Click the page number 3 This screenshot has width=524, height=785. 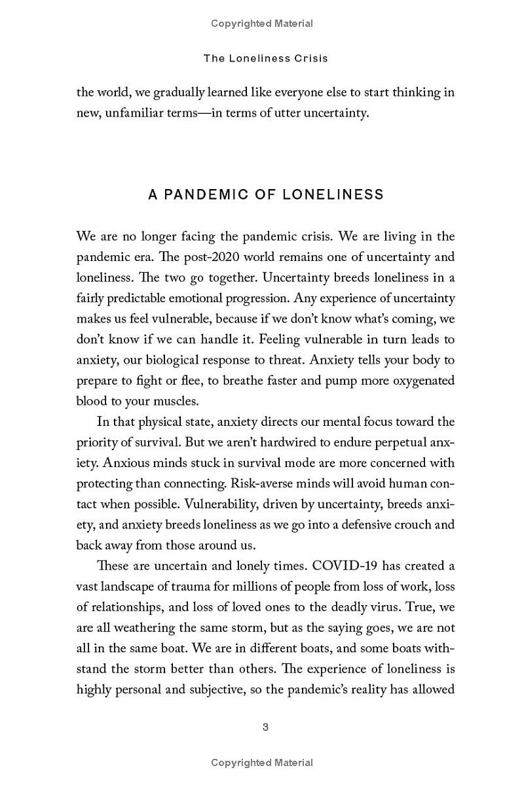tap(265, 727)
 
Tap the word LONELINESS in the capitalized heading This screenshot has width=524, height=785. tap(333, 195)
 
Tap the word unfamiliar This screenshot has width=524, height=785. tap(137, 113)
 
